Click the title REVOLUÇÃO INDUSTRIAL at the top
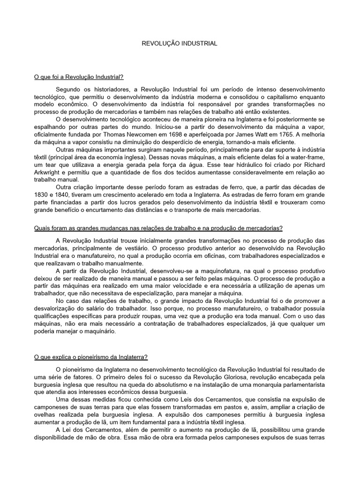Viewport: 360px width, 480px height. [180, 43]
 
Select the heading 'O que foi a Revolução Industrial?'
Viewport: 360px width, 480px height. [79, 76]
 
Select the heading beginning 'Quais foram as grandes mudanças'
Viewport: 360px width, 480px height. [159, 228]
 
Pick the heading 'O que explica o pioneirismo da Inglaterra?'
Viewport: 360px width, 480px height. [91, 357]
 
